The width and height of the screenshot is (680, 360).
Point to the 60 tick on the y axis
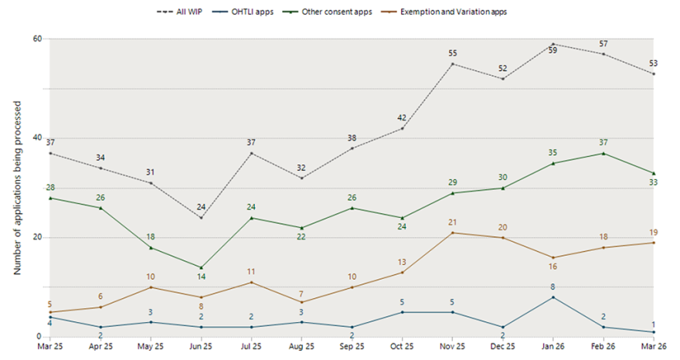36,39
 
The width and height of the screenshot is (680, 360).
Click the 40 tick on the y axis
36,138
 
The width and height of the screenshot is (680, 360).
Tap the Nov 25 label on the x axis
451,347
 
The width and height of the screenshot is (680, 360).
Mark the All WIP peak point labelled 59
552,44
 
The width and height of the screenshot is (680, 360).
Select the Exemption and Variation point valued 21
451,233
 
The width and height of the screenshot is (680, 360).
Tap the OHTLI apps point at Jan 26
552,297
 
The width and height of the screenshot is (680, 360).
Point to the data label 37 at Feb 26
603,143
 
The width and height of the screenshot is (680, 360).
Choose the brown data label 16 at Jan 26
552,267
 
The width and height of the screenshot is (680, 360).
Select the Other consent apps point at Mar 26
654,173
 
